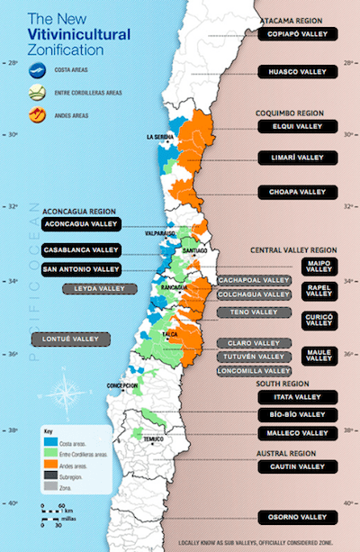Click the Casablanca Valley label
[80, 249]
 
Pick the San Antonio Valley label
[80, 269]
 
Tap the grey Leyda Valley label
[99, 288]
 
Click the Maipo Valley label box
[319, 266]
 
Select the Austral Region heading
[289, 452]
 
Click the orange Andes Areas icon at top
[36, 114]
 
